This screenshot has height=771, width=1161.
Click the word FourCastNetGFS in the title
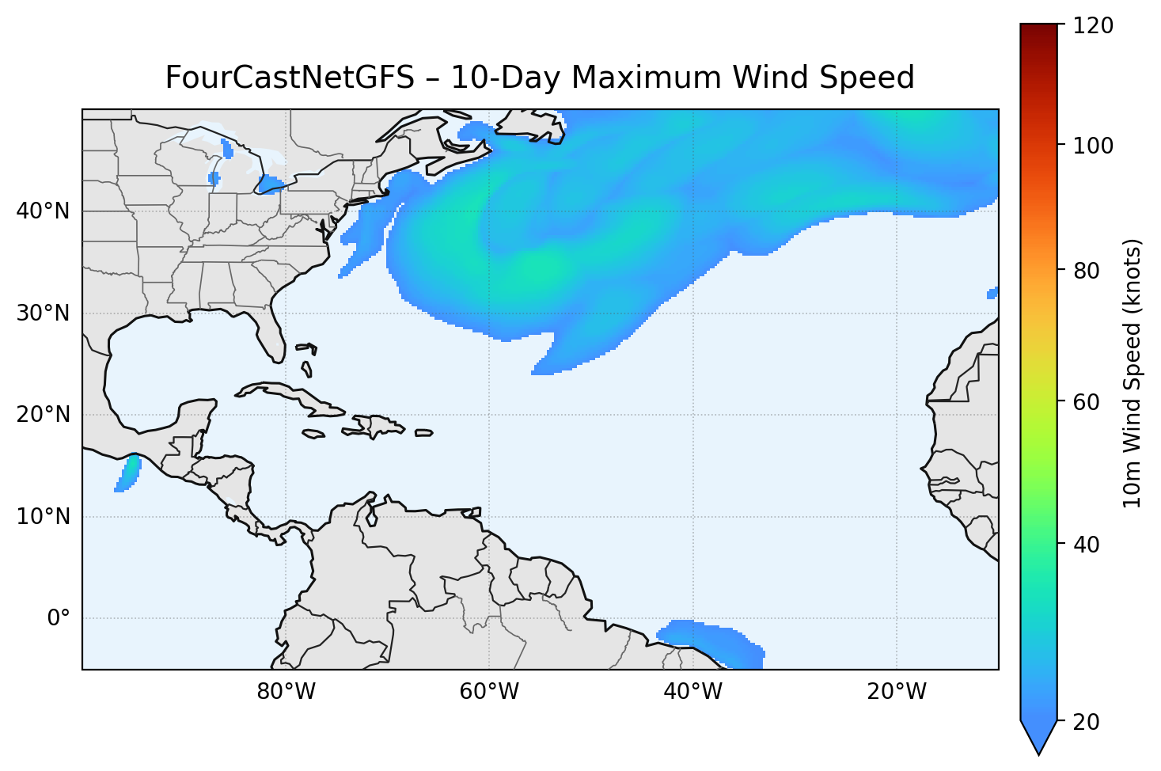(x=290, y=78)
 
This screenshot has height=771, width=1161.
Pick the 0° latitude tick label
(x=59, y=618)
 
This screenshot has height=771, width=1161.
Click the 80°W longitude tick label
(x=286, y=692)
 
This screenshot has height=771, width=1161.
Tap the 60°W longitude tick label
(x=489, y=692)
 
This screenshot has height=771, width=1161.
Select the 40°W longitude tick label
(x=692, y=692)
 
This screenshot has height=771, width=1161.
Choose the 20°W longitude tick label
(x=896, y=692)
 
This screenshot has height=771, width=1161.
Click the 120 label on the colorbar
(x=1094, y=26)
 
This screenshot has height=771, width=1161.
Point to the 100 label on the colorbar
(x=1094, y=146)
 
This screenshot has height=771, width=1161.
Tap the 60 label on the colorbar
(x=1088, y=402)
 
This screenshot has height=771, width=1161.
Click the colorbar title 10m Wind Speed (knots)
(x=1133, y=373)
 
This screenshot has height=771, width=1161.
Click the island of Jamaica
(x=313, y=434)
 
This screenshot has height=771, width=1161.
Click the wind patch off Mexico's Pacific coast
(x=128, y=473)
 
